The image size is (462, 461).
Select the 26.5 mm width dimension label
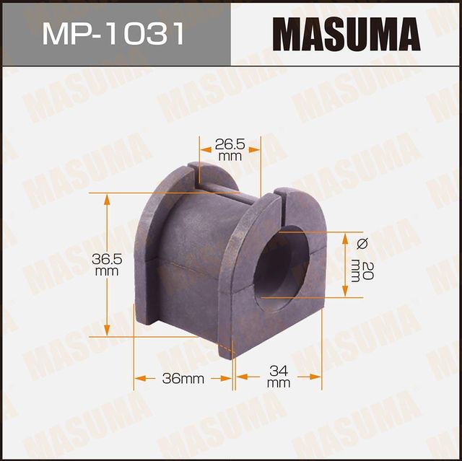230,149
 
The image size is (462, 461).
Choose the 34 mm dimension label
278,377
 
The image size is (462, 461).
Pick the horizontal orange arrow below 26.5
230,164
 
